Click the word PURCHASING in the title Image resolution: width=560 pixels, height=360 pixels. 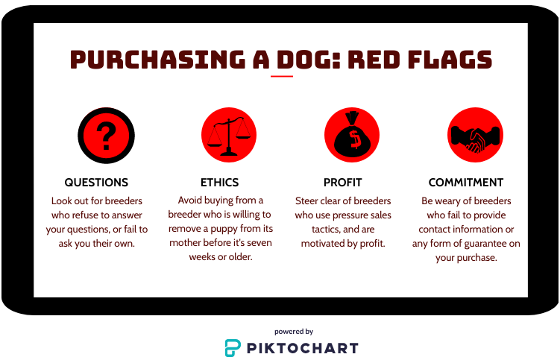[x=157, y=59]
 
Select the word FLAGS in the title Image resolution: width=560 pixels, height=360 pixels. [x=450, y=59]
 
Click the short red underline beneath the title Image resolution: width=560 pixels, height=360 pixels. [x=282, y=76]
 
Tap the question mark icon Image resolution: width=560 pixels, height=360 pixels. [x=106, y=136]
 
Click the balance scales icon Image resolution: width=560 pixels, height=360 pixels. [x=229, y=135]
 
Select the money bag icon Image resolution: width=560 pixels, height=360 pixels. [x=352, y=135]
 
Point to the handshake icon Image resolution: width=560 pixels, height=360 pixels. [x=475, y=135]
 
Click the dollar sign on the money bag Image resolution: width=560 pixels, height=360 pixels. [x=354, y=139]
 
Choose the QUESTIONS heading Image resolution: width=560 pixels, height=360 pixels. [x=96, y=183]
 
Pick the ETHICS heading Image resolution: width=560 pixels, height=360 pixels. [x=220, y=183]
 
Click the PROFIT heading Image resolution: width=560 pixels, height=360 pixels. [x=343, y=183]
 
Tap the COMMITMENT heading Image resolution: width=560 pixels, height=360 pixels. [x=466, y=183]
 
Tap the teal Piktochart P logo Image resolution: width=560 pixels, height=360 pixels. [x=233, y=347]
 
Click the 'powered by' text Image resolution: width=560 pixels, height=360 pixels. [x=294, y=332]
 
